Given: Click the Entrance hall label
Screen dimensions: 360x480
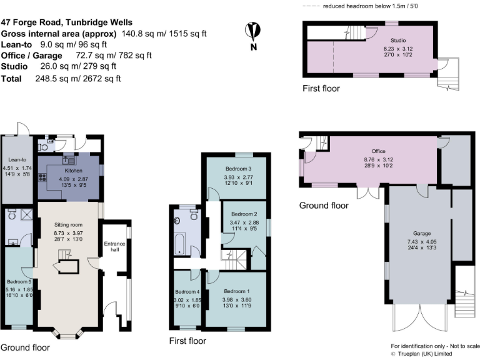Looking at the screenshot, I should click(x=114, y=247).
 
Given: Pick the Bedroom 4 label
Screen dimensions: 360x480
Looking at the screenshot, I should click(x=187, y=292).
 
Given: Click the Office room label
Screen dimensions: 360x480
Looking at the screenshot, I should click(x=377, y=151).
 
